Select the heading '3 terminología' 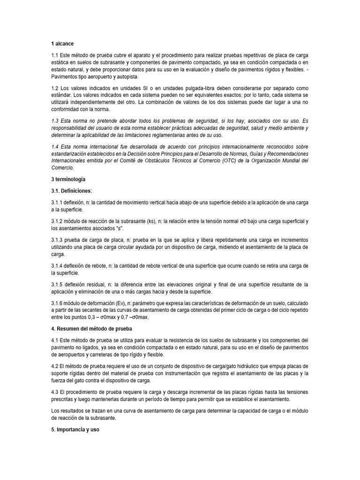(x=68, y=179)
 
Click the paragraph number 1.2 (x=56, y=88)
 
